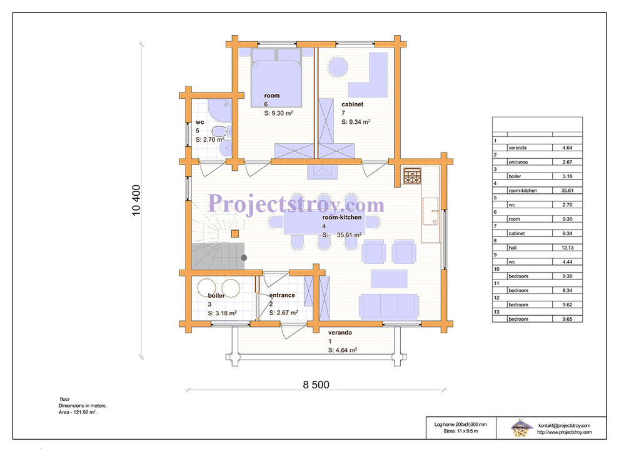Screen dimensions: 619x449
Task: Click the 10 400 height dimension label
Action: (136, 200)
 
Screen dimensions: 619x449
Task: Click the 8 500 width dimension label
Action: (316, 385)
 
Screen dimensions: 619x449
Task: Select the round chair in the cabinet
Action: (338, 66)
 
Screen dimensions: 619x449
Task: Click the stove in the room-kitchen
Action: (413, 176)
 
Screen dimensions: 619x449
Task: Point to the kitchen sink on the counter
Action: (431, 211)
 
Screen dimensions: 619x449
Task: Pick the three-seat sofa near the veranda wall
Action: (389, 306)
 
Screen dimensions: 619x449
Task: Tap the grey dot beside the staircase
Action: (244, 258)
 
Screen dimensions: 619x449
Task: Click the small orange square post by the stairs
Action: (235, 234)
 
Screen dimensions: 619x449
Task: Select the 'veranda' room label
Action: (340, 333)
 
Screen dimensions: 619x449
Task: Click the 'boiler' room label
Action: (216, 295)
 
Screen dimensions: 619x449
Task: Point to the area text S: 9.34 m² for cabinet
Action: (356, 121)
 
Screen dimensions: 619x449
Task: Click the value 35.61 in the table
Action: (567, 190)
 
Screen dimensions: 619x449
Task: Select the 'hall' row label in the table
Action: (513, 248)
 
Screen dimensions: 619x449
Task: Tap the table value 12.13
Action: (567, 248)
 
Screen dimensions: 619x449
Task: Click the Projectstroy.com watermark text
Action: (296, 204)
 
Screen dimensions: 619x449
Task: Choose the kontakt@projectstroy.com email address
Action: (564, 425)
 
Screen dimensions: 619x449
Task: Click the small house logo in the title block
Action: (521, 427)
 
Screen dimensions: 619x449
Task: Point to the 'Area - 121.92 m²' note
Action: (78, 412)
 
